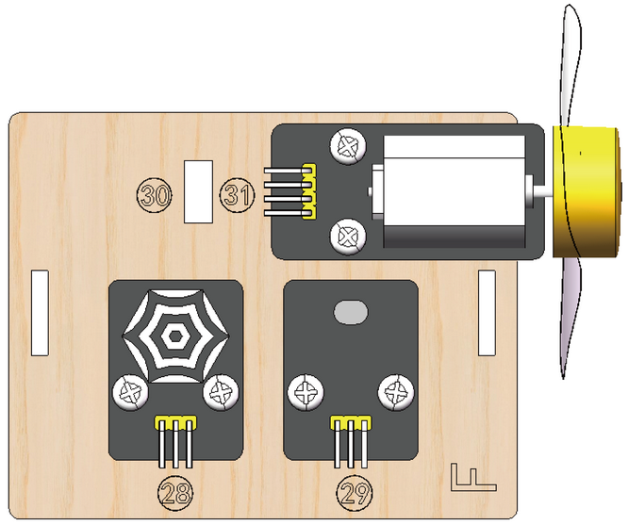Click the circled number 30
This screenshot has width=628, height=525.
tap(155, 195)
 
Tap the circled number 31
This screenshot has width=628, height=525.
tap(237, 194)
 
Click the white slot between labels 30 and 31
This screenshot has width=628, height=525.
tap(198, 191)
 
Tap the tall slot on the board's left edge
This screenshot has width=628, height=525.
tap(40, 313)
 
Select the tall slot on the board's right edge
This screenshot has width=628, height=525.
tap(487, 313)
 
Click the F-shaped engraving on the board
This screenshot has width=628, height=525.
tap(472, 477)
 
